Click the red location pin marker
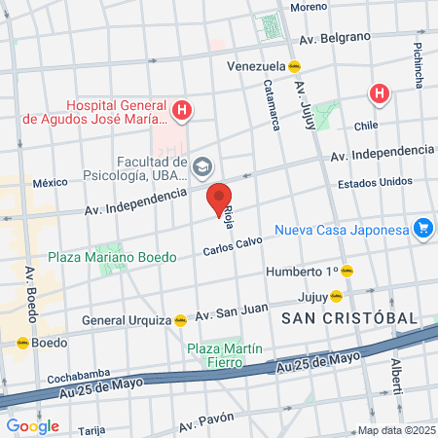coord(220,199)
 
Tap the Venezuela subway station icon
coord(293,67)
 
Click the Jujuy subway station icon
coord(336,295)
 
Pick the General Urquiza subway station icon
coord(180,319)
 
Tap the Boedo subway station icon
coord(21,343)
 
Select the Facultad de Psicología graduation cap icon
coord(202,165)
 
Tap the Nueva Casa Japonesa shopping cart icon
coord(422,229)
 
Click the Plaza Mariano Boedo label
coord(114,258)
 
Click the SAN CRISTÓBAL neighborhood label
coord(349,318)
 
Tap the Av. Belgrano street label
coord(336,38)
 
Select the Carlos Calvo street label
coord(234,247)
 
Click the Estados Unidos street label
coord(375,182)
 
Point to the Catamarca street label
coord(272,105)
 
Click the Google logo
coord(32,425)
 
